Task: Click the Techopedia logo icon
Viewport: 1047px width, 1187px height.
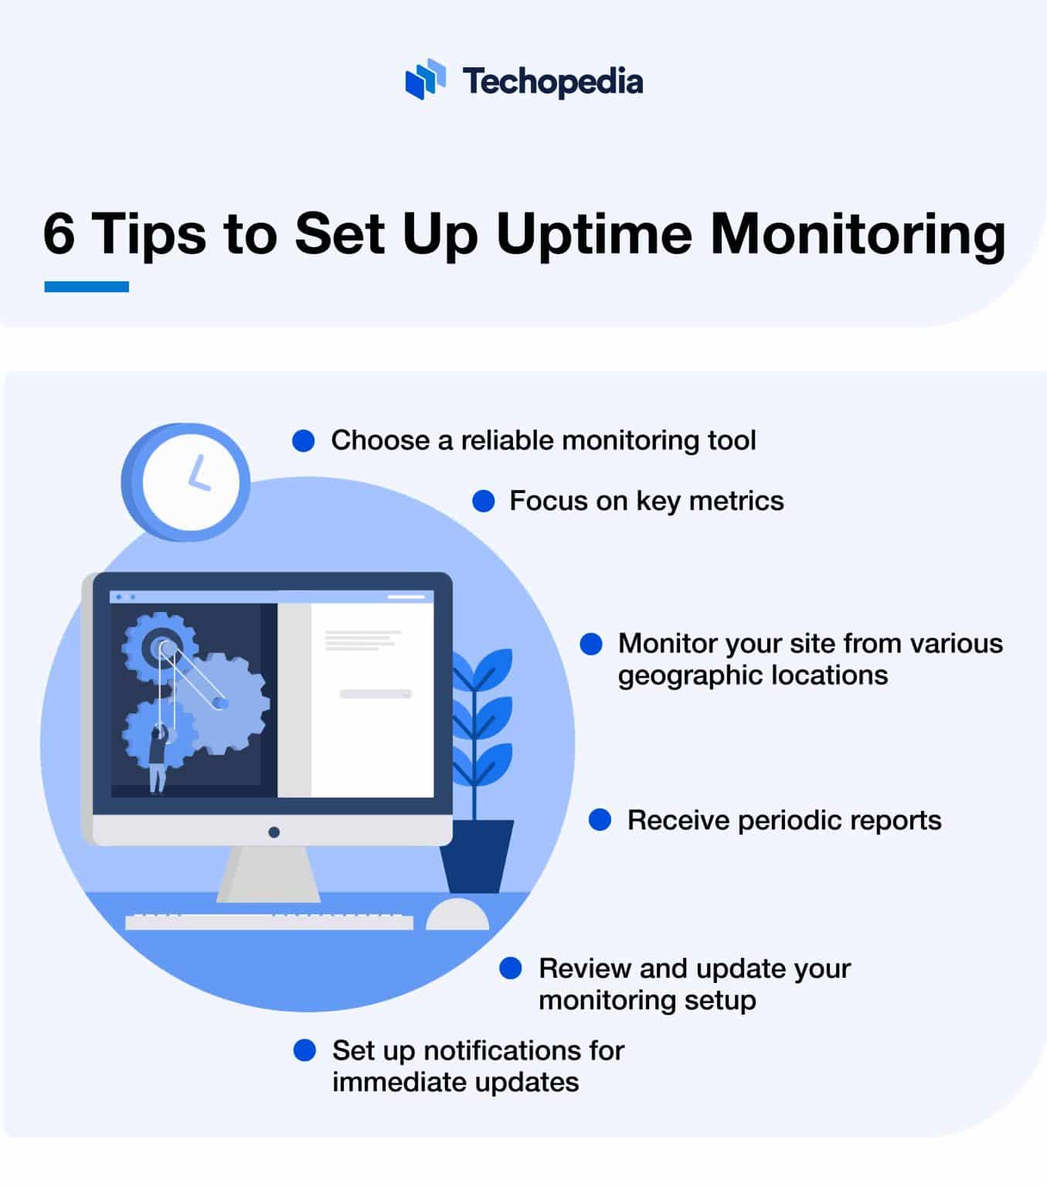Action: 425,80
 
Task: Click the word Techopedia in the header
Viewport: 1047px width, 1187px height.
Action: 552,80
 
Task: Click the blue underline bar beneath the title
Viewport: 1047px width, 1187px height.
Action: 87,287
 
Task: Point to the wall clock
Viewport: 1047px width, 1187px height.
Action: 186,481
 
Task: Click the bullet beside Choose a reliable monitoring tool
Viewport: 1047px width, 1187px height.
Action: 304,441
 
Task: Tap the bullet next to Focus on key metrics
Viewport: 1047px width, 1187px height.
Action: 483,501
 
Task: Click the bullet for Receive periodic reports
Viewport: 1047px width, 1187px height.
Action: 600,820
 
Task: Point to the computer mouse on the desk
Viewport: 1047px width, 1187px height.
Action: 457,915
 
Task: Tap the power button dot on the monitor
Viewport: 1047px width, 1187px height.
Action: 274,832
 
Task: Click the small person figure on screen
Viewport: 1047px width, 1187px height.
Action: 158,759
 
